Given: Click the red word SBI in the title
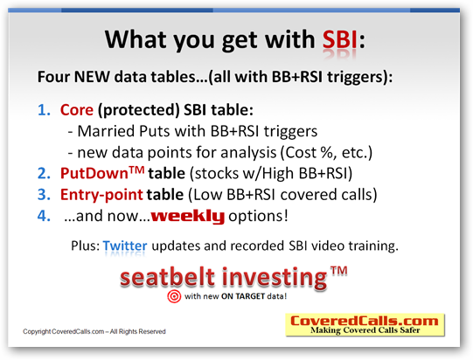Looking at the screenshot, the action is pyautogui.click(x=340, y=40).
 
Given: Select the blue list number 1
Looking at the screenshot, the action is pyautogui.click(x=44, y=110).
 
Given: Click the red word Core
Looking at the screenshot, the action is pyautogui.click(x=77, y=110).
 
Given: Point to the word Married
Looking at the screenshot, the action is pyautogui.click(x=106, y=131).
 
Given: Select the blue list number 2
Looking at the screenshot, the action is pyautogui.click(x=44, y=174).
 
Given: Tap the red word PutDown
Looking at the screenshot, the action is pyautogui.click(x=94, y=174).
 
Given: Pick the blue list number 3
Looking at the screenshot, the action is pyautogui.click(x=44, y=195).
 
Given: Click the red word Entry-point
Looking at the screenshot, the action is pyautogui.click(x=101, y=195).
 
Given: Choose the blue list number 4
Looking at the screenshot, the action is pyautogui.click(x=44, y=216).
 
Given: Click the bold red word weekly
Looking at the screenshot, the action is pyautogui.click(x=188, y=217).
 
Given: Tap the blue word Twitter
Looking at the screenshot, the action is pyautogui.click(x=125, y=246).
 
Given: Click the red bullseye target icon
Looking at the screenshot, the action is pyautogui.click(x=174, y=296).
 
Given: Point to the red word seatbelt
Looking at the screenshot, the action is pyautogui.click(x=167, y=277).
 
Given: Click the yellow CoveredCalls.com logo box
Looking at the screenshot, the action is pyautogui.click(x=365, y=325).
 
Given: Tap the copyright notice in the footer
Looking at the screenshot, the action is pyautogui.click(x=94, y=332).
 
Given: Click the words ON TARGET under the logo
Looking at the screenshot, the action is pyautogui.click(x=243, y=296).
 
